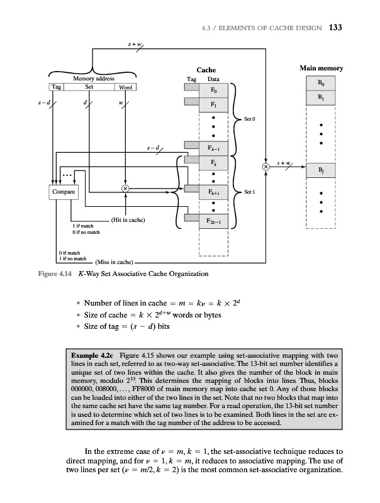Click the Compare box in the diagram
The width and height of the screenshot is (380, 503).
[65, 191]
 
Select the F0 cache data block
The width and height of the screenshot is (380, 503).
[214, 91]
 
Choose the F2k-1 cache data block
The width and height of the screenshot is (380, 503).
[214, 221]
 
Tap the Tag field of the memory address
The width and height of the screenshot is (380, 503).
[57, 87]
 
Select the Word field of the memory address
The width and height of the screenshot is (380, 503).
[125, 87]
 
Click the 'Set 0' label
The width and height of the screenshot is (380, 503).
[250, 118]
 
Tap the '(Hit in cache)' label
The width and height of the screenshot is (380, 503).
[128, 220]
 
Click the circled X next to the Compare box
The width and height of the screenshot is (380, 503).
[125, 189]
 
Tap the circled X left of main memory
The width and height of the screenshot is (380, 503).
[266, 167]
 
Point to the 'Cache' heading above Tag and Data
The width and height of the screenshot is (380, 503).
[206, 70]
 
